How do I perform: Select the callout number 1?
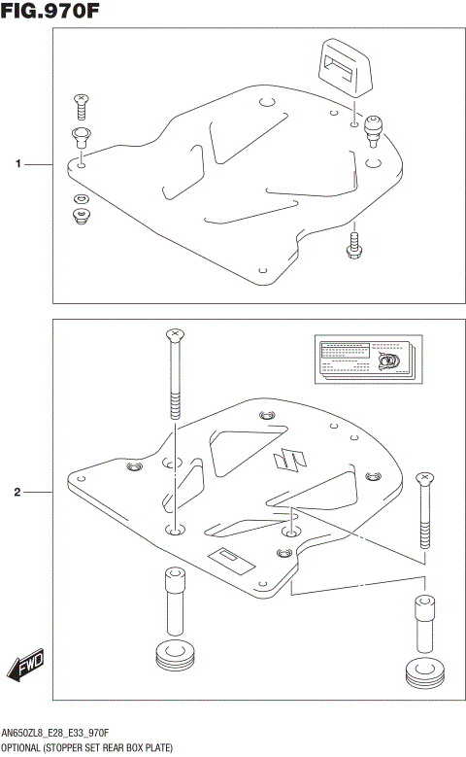pyautogui.click(x=17, y=165)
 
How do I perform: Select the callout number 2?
pyautogui.click(x=17, y=493)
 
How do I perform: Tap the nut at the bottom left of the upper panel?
pyautogui.click(x=81, y=215)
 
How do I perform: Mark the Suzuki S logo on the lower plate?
pyautogui.click(x=286, y=461)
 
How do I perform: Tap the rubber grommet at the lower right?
pyautogui.click(x=422, y=671)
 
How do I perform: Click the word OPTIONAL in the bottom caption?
pyautogui.click(x=22, y=747)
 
